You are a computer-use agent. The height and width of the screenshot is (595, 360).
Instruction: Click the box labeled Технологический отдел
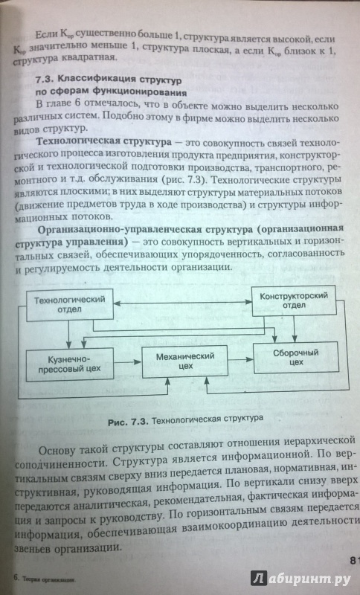[x=69, y=304]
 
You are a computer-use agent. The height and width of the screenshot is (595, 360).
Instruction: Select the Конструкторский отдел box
[x=294, y=300]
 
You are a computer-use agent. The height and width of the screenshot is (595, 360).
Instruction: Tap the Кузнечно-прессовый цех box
[x=69, y=364]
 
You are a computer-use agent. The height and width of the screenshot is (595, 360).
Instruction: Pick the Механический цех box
[x=184, y=361]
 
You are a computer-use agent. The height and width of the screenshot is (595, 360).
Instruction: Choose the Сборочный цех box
[x=295, y=358]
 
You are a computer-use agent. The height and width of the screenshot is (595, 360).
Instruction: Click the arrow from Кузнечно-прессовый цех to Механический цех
[x=128, y=362]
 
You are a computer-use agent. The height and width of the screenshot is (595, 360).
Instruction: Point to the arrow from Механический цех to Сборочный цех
[x=240, y=359]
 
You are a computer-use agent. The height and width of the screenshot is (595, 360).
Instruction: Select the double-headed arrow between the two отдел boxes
[x=183, y=303]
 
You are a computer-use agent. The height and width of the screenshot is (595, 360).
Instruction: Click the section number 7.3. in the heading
[x=46, y=80]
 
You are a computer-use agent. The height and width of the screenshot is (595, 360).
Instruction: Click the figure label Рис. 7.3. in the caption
[x=129, y=422]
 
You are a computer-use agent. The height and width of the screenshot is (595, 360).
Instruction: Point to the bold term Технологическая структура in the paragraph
[x=104, y=142]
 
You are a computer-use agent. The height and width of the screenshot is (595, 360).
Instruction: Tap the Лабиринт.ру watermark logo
[x=300, y=578]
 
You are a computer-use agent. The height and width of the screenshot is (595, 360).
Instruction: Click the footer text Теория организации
[x=48, y=579]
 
